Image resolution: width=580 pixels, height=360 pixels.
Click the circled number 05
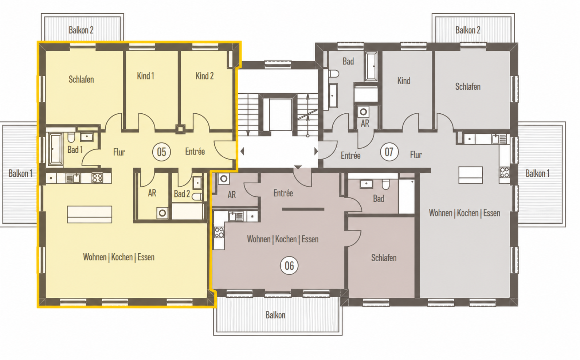click(161, 152)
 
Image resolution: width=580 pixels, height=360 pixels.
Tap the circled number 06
click(289, 266)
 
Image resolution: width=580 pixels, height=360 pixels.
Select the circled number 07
click(389, 152)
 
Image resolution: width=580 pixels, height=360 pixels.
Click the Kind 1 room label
click(145, 76)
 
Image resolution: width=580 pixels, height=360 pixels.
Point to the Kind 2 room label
click(204, 76)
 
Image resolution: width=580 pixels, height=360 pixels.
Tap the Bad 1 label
click(75, 149)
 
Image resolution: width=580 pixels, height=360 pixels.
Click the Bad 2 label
click(182, 194)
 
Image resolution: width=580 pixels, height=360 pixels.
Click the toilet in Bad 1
click(71, 137)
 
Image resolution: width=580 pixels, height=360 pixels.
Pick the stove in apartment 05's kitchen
click(97, 178)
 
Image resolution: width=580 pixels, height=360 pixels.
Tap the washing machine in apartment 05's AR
click(162, 213)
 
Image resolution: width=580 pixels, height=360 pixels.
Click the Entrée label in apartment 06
click(283, 193)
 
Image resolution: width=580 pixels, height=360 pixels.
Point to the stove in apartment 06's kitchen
click(219, 232)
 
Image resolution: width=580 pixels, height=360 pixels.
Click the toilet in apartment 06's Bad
click(386, 185)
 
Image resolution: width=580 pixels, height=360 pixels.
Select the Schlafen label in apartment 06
click(384, 258)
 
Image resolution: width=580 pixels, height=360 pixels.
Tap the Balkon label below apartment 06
click(275, 315)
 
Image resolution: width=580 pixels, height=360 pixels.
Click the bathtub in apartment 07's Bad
click(371, 66)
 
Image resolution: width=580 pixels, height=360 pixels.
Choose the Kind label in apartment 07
click(404, 81)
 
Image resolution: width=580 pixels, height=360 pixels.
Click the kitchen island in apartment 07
click(470, 175)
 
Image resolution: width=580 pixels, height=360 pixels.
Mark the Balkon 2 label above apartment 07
click(468, 30)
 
